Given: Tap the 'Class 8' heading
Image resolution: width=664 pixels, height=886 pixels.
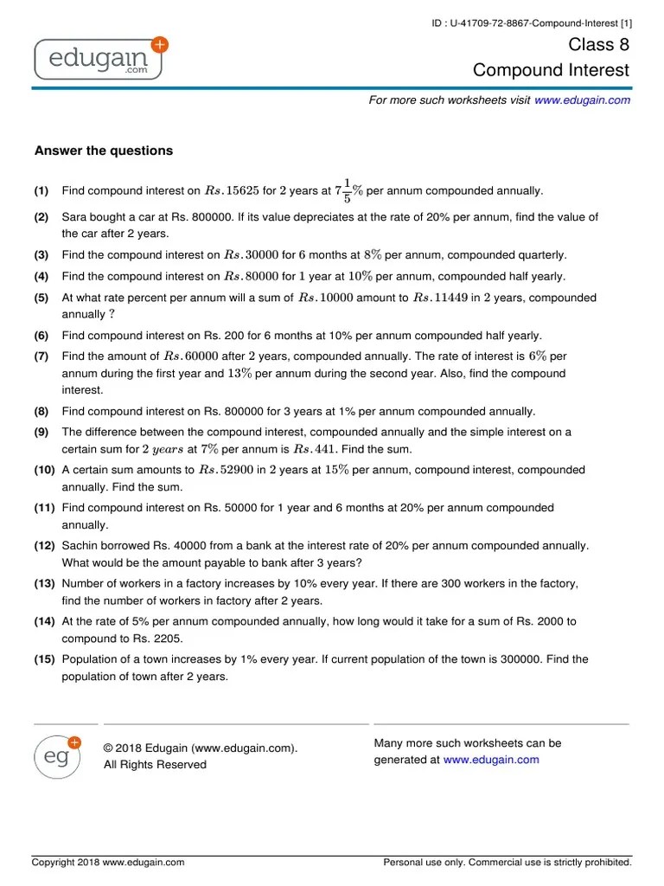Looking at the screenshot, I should pyautogui.click(x=599, y=45).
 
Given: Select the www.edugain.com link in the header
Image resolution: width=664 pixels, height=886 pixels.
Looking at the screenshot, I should pyautogui.click(x=582, y=100).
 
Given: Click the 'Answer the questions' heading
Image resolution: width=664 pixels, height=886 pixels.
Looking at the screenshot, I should pyautogui.click(x=104, y=151).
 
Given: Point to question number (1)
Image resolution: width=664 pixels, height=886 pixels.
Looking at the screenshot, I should pyautogui.click(x=41, y=191).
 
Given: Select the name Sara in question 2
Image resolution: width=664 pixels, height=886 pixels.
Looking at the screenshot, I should pyautogui.click(x=75, y=218).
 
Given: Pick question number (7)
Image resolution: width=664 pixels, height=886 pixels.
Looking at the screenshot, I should pyautogui.click(x=41, y=356).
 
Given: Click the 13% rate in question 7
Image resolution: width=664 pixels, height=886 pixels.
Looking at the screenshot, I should pyautogui.click(x=239, y=374).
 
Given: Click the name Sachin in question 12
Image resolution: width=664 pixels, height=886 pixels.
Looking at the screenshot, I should pyautogui.click(x=80, y=546).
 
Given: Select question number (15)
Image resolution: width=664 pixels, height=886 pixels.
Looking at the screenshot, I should pyautogui.click(x=45, y=659).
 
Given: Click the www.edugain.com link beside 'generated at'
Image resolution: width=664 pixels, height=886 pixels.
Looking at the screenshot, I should pyautogui.click(x=491, y=760).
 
